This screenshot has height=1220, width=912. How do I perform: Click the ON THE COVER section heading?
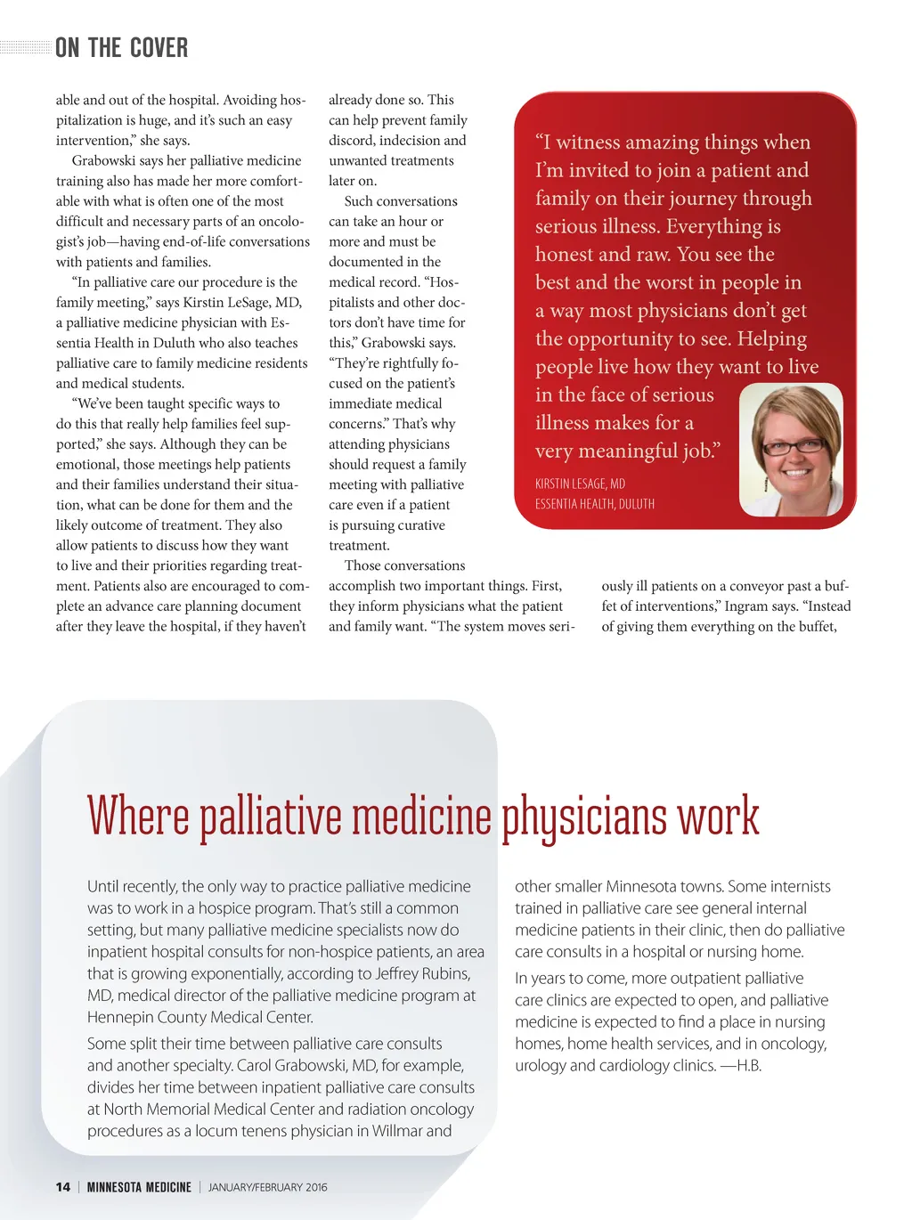pyautogui.click(x=121, y=48)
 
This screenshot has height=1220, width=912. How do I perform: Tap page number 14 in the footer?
pyautogui.click(x=62, y=1187)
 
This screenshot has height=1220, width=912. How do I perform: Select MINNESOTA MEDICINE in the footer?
pyautogui.click(x=139, y=1187)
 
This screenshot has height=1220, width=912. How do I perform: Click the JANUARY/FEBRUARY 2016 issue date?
pyautogui.click(x=267, y=1187)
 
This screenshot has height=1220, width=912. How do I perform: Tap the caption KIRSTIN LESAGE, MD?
pyautogui.click(x=580, y=484)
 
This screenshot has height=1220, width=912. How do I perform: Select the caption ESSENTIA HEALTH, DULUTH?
pyautogui.click(x=594, y=504)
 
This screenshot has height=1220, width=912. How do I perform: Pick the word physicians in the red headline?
pyautogui.click(x=584, y=816)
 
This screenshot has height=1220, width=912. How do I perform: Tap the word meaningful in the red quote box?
pyautogui.click(x=628, y=451)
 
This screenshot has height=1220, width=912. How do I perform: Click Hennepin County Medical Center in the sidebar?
pyautogui.click(x=199, y=1018)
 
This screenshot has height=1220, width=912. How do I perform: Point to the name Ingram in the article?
pyautogui.click(x=745, y=606)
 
